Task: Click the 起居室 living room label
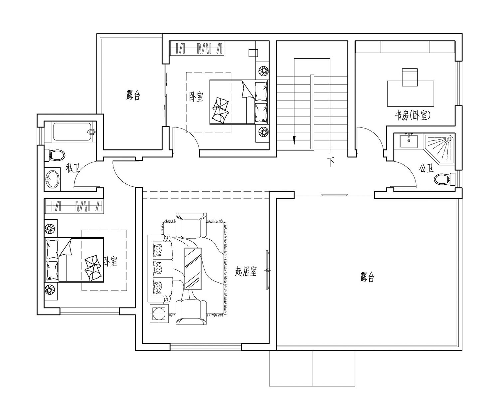(246, 271)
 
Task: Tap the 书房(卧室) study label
(413, 116)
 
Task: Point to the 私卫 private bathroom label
(73, 168)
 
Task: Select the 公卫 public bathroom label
(426, 168)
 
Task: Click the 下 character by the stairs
(331, 162)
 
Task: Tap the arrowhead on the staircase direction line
(294, 140)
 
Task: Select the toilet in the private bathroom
(57, 155)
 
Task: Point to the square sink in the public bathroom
(409, 141)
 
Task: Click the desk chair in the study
(410, 77)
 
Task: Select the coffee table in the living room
(193, 269)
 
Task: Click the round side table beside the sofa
(159, 313)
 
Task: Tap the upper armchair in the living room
(191, 225)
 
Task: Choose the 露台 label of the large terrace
(367, 277)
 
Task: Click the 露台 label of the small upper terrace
(133, 95)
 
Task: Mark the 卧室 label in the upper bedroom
(196, 97)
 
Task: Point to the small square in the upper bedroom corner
(253, 53)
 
